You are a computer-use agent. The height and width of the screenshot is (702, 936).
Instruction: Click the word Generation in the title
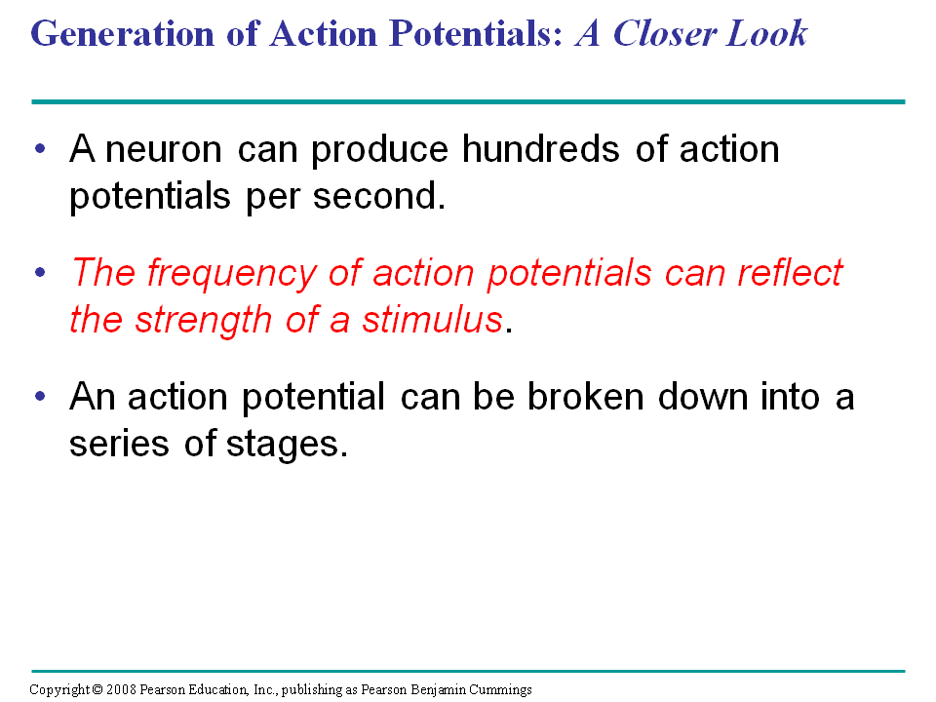(123, 33)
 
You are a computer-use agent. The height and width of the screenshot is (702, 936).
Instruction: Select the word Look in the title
(767, 33)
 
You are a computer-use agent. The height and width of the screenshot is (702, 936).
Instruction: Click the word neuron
(164, 149)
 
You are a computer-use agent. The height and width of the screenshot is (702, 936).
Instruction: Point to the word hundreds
(540, 148)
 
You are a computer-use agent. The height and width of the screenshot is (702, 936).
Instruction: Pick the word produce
(379, 150)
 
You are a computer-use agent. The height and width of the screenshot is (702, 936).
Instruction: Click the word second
(378, 196)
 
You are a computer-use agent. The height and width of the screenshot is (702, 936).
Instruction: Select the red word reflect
(791, 272)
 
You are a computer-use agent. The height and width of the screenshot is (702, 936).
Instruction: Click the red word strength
(203, 320)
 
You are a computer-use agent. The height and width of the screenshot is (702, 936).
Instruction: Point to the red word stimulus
(433, 320)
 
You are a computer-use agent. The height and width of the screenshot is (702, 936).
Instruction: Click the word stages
(287, 446)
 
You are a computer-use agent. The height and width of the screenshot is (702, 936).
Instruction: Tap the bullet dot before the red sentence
(40, 273)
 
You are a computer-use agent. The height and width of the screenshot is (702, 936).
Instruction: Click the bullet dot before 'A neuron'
(40, 148)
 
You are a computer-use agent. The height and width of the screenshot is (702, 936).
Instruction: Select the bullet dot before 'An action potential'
(40, 396)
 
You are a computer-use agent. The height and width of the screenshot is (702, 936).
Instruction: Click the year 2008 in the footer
(121, 689)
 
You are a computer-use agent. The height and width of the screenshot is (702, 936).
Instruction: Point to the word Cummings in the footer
(499, 690)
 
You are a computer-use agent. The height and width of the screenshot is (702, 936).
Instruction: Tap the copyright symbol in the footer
(97, 689)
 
